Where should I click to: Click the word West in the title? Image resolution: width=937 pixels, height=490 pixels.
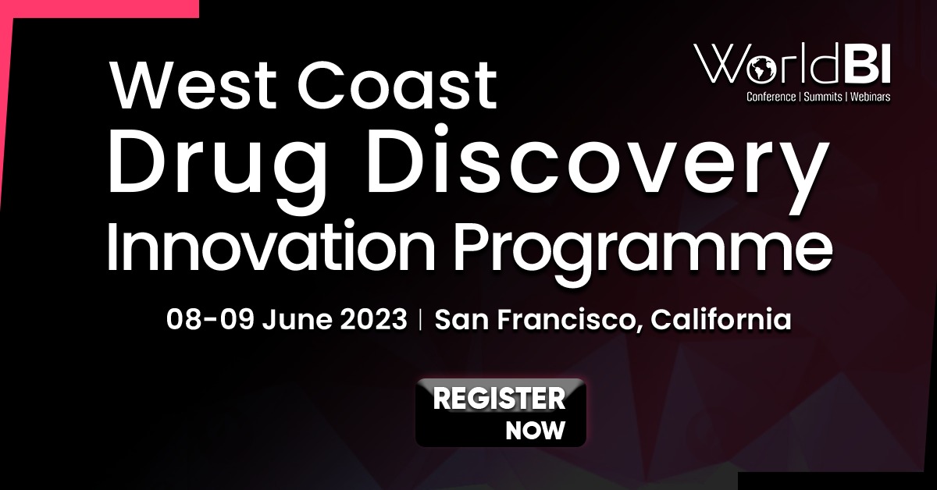[192, 85]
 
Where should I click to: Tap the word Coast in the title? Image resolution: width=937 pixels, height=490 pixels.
[397, 85]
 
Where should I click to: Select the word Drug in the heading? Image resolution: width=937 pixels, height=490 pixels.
[217, 167]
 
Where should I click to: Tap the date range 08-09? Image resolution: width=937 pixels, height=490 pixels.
[210, 319]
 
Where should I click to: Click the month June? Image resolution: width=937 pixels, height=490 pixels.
[297, 320]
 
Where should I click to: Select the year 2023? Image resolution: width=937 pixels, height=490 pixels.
[373, 319]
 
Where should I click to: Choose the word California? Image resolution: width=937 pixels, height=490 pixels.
[721, 319]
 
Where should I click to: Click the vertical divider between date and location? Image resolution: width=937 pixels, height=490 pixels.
[420, 320]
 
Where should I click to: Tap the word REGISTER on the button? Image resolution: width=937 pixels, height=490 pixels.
[499, 399]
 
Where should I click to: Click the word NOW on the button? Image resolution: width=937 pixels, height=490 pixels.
[536, 430]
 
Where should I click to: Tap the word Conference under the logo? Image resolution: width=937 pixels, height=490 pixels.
[771, 97]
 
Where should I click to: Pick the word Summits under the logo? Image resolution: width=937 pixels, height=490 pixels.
[823, 97]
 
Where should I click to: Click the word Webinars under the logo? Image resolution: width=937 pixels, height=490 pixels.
[870, 97]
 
